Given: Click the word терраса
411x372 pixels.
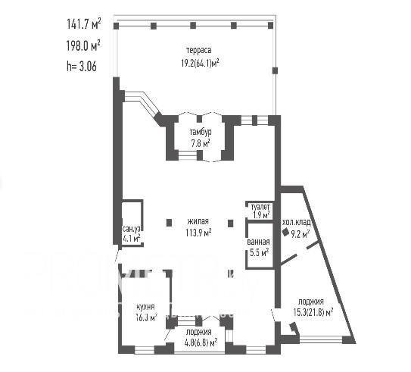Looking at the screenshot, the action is [x=198, y=50].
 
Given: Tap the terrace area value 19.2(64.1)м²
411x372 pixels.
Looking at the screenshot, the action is [x=201, y=63].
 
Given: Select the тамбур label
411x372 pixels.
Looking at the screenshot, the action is [x=201, y=133].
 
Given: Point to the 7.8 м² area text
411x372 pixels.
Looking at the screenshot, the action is [x=201, y=143].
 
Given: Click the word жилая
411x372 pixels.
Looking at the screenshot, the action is [x=198, y=221].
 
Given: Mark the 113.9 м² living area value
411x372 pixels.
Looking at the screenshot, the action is [x=198, y=233].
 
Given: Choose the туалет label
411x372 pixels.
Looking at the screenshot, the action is [x=260, y=207].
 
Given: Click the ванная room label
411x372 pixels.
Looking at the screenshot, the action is [x=258, y=242].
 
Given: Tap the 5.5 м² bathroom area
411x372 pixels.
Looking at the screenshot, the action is [x=259, y=252].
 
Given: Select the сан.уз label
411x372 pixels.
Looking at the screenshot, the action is [x=131, y=229].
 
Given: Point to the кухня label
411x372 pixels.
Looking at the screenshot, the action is [x=145, y=307].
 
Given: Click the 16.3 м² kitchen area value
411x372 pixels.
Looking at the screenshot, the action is [x=146, y=317].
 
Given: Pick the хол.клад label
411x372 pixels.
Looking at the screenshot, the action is [x=297, y=223].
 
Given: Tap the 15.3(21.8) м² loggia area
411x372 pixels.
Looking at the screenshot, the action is [x=313, y=312].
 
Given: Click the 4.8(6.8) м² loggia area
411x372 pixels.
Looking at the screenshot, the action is [x=201, y=342].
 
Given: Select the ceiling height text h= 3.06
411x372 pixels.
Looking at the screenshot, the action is [x=82, y=66].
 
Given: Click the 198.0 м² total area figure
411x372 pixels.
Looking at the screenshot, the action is [x=83, y=46].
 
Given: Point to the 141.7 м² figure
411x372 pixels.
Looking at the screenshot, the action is [x=84, y=24].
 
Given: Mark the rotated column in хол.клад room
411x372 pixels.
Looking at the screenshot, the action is [x=285, y=232].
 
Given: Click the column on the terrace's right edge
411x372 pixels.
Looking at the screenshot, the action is [x=275, y=70].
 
